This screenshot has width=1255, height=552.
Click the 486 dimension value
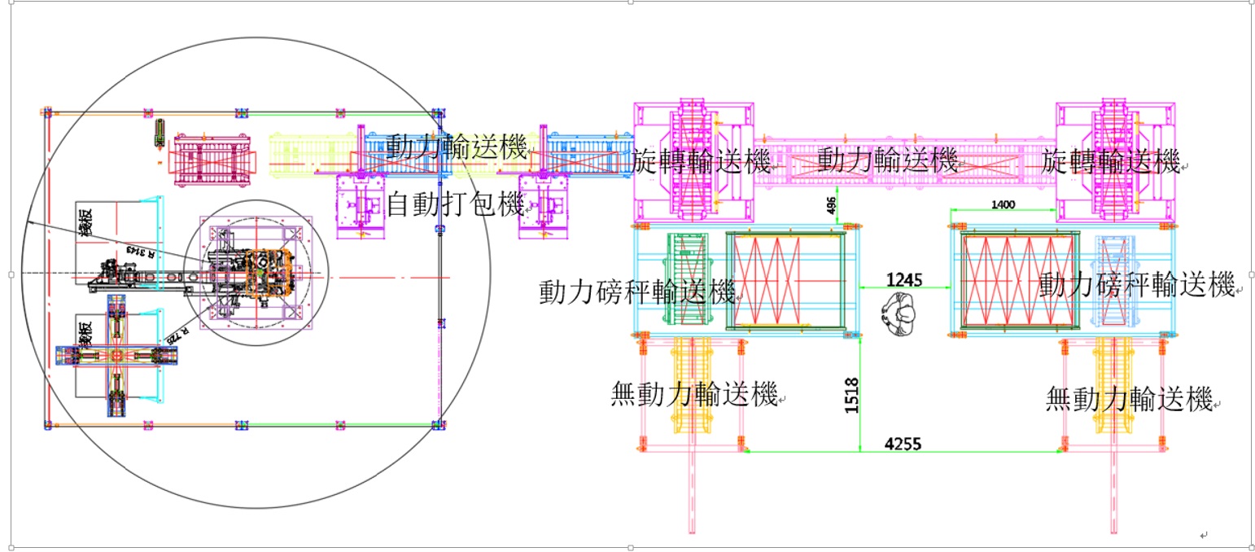point(832,207)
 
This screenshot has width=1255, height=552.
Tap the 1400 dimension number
point(1004,205)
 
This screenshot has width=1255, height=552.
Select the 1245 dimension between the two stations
point(904,280)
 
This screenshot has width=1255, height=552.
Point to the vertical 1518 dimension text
point(852,394)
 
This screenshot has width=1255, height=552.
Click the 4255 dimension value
point(904,444)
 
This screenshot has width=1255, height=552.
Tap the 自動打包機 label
point(454,204)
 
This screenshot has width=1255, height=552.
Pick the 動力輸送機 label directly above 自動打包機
point(456,148)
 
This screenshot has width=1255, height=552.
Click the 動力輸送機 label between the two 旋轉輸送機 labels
point(886,160)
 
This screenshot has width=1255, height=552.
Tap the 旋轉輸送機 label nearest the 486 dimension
point(701,162)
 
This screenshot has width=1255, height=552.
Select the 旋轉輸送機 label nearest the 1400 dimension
point(1111,161)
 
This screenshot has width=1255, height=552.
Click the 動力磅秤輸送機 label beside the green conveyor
point(637,291)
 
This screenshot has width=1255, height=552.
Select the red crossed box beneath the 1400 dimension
point(1017,280)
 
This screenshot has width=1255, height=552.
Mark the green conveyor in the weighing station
point(686,280)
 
